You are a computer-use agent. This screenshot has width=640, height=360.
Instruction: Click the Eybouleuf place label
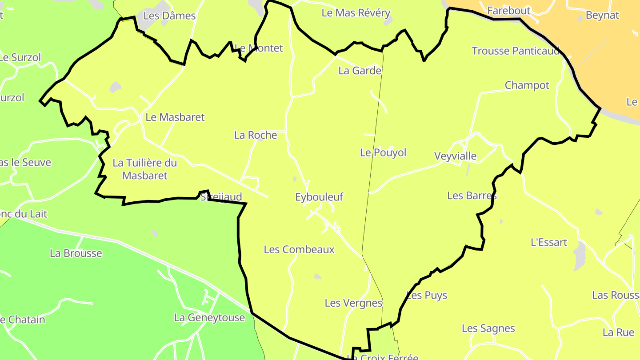click(319, 197)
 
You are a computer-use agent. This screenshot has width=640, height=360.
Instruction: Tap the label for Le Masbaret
click(175, 117)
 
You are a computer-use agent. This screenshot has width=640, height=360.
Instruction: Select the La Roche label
click(256, 135)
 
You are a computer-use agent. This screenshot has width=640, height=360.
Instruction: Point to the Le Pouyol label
click(383, 152)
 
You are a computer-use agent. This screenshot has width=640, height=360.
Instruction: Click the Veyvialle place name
click(455, 156)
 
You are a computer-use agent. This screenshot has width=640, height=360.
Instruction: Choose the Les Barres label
click(472, 196)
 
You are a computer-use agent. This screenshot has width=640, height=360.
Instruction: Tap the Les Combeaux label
click(299, 250)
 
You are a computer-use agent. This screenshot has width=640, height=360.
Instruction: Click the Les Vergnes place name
click(353, 303)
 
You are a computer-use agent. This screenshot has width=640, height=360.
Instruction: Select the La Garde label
click(360, 71)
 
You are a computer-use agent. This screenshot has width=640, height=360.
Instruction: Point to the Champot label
click(527, 85)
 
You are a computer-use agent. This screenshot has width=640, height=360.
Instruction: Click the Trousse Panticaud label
click(516, 51)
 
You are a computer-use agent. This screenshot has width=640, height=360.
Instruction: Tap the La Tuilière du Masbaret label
click(145, 169)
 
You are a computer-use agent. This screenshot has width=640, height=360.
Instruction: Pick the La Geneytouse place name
click(209, 318)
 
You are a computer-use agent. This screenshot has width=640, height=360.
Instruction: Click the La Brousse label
click(76, 253)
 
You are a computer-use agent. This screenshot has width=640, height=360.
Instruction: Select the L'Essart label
click(549, 242)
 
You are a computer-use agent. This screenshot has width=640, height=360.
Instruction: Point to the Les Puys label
click(427, 296)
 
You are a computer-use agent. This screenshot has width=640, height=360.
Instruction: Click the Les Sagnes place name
click(488, 328)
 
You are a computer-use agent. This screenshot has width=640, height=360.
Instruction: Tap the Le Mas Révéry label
click(356, 13)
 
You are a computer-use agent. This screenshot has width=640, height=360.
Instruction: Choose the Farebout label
click(509, 10)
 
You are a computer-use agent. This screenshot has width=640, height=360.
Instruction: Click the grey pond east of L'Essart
click(580, 256)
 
